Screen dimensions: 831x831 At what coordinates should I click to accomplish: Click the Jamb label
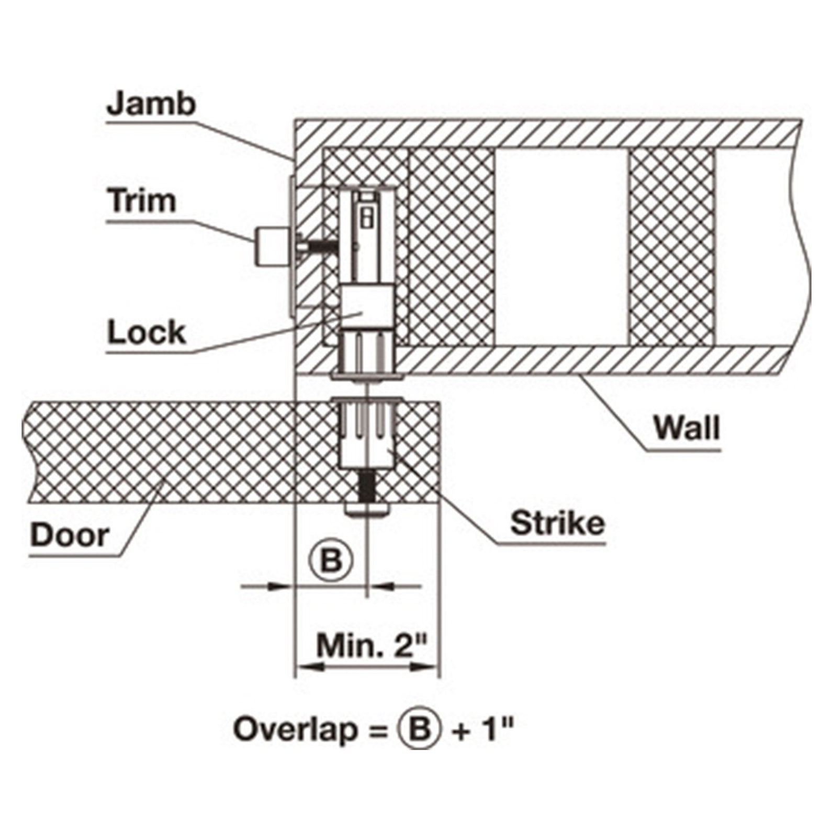tap(151, 104)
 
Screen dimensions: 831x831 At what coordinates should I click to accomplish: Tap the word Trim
tap(142, 201)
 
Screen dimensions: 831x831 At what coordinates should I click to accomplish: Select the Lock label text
tap(147, 332)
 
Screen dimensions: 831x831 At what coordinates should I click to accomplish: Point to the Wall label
tap(687, 428)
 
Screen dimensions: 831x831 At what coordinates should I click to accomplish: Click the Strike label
tap(557, 523)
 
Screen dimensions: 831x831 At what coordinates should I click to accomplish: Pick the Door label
tap(70, 535)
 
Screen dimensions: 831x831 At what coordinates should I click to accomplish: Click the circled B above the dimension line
tap(330, 562)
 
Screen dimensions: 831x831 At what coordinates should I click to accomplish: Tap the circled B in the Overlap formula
tap(420, 729)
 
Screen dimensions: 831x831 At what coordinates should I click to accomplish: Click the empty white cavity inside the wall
tap(562, 246)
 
